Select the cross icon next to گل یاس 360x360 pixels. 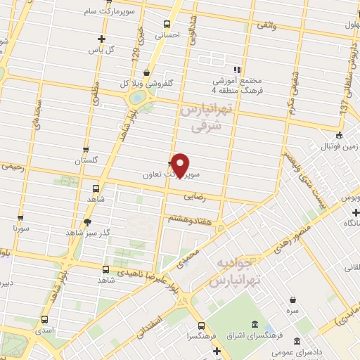[x=101, y=39]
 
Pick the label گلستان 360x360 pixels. [x=89, y=160]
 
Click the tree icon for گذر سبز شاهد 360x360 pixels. [x=87, y=221]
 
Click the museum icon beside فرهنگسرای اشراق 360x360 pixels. [x=253, y=325]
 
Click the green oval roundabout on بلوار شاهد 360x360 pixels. [x=140, y=96]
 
